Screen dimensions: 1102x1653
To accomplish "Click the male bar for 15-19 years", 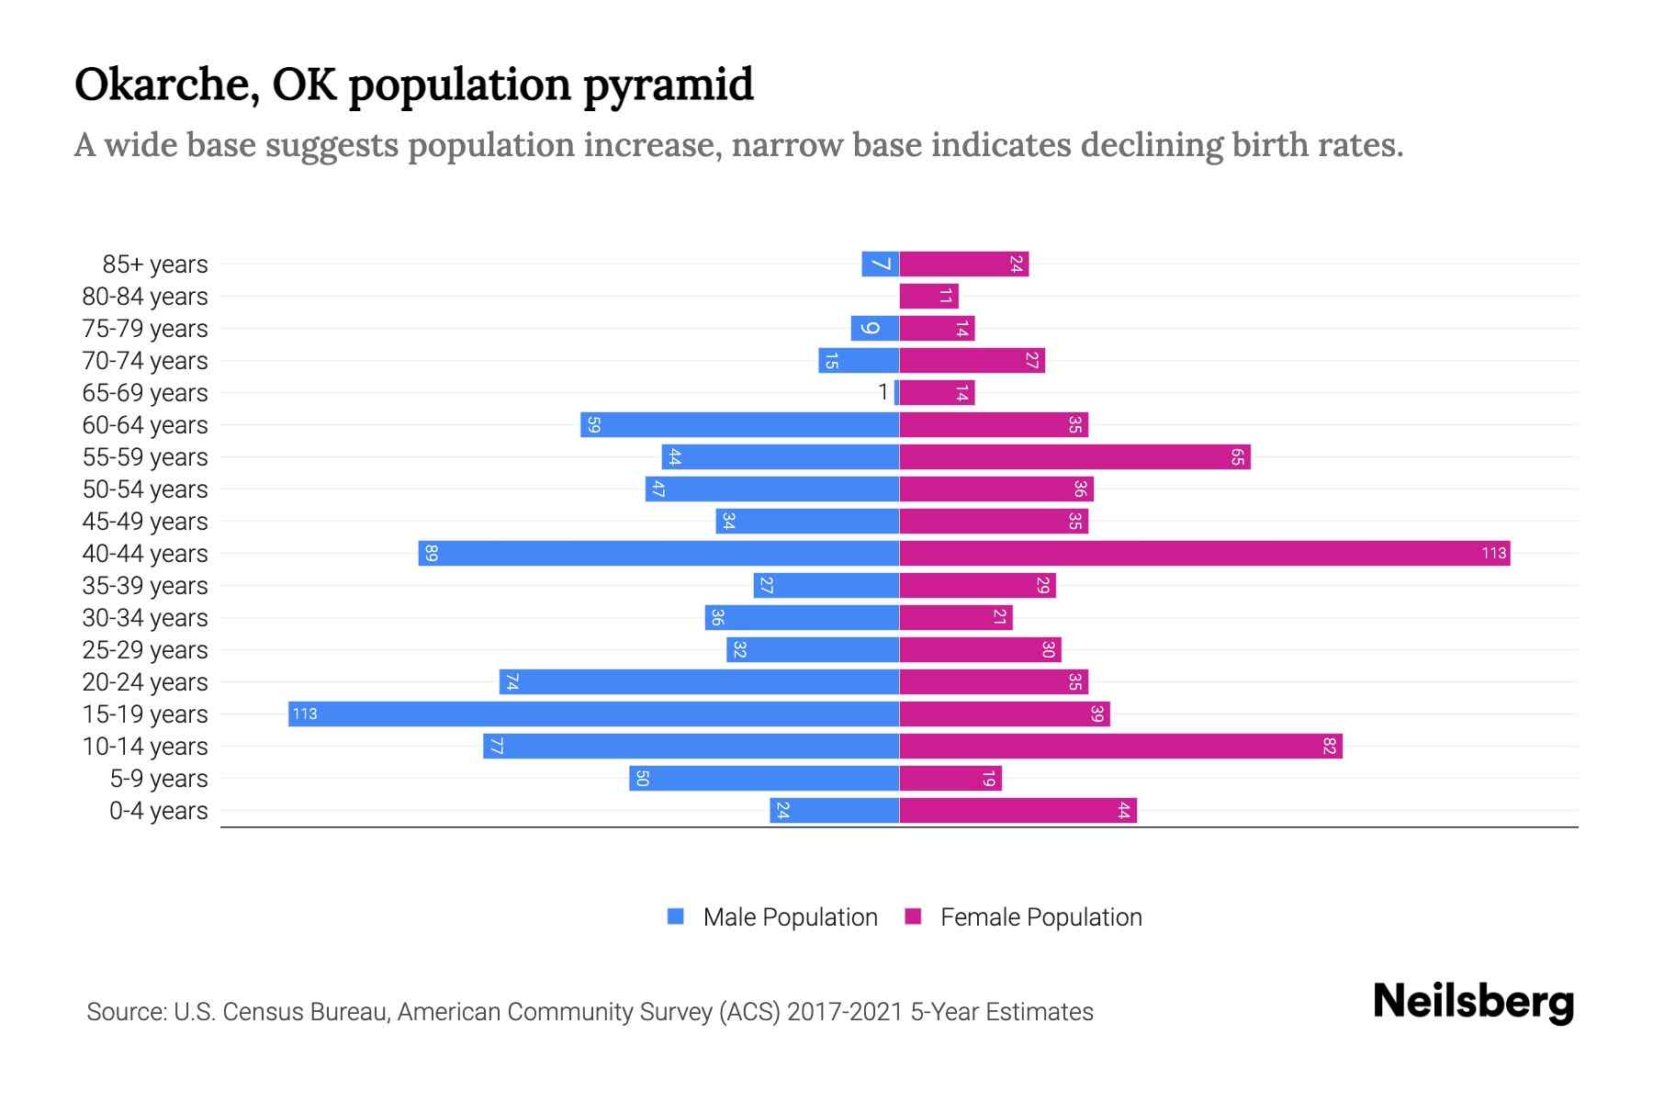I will coord(593,714).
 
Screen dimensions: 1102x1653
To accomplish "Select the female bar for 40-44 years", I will coord(1204,553).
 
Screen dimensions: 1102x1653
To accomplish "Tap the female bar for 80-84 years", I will coord(928,296).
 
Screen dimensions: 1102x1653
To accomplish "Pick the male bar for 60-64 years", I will coord(739,424).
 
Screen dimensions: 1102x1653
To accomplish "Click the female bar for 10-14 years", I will coord(1120,746).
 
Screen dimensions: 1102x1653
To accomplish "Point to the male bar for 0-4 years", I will coord(834,810).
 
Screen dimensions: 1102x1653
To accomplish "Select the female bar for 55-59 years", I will coord(1074,456).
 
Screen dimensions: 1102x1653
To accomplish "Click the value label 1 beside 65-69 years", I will coord(883,392).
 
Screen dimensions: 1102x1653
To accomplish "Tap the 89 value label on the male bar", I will coord(432,553).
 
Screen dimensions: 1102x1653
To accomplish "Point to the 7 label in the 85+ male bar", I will coord(881,264).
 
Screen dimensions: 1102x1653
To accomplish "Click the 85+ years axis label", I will coord(155,264).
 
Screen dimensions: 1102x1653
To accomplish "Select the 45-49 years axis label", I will coord(145,522).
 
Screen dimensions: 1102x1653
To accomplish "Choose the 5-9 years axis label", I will coord(159,779).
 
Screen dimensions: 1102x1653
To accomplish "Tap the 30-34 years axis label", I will coord(145,618).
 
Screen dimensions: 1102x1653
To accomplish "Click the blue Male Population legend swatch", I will coord(676,916).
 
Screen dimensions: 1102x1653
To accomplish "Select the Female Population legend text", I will coord(1040,916).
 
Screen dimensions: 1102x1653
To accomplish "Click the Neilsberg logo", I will coord(1473,1002).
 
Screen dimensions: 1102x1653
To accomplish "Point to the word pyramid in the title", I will coord(669,84).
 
